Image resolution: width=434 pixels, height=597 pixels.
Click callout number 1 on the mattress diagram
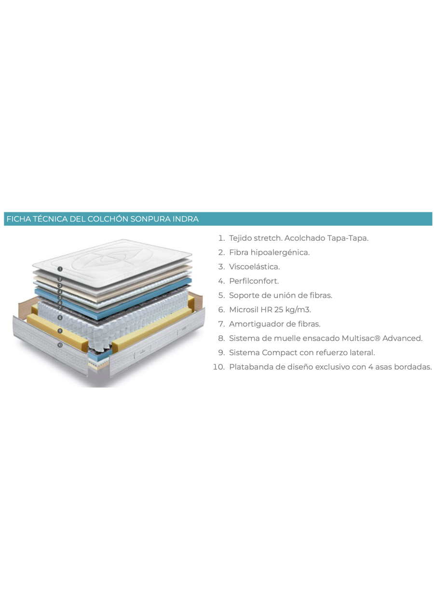click(x=60, y=269)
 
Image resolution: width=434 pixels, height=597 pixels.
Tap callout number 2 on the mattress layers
click(x=60, y=279)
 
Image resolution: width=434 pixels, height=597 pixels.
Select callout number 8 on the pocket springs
click(x=60, y=318)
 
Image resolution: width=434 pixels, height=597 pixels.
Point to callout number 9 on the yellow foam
click(x=60, y=331)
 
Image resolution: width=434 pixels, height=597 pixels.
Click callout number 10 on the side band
click(x=60, y=345)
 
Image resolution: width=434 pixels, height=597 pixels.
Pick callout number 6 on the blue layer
click(x=60, y=303)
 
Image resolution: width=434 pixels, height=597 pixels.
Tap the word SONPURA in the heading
click(x=150, y=219)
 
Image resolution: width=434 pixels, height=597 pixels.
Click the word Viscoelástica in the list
click(x=254, y=266)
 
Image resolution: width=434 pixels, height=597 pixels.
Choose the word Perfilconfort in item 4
click(x=254, y=281)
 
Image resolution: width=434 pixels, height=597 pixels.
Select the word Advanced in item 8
click(x=402, y=338)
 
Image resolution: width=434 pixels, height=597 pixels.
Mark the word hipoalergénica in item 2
click(x=280, y=252)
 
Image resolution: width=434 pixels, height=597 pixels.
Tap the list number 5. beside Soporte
click(x=221, y=295)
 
